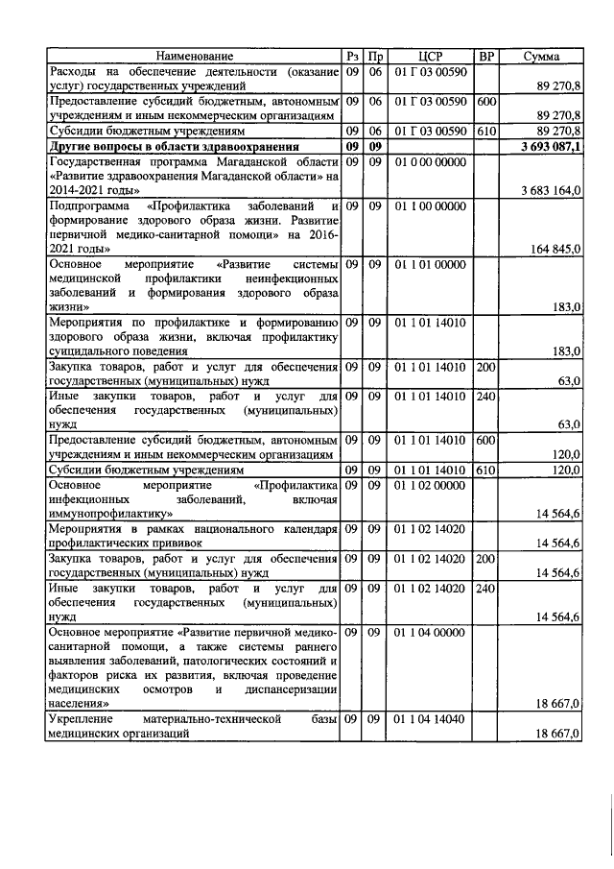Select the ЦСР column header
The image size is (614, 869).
429,57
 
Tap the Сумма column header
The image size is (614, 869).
541,57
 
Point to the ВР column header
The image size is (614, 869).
486,57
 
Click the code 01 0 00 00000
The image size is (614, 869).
429,162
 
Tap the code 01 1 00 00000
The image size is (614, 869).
429,206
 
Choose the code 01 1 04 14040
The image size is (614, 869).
429,719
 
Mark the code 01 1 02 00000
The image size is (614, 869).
429,486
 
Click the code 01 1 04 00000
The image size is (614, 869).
429,633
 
